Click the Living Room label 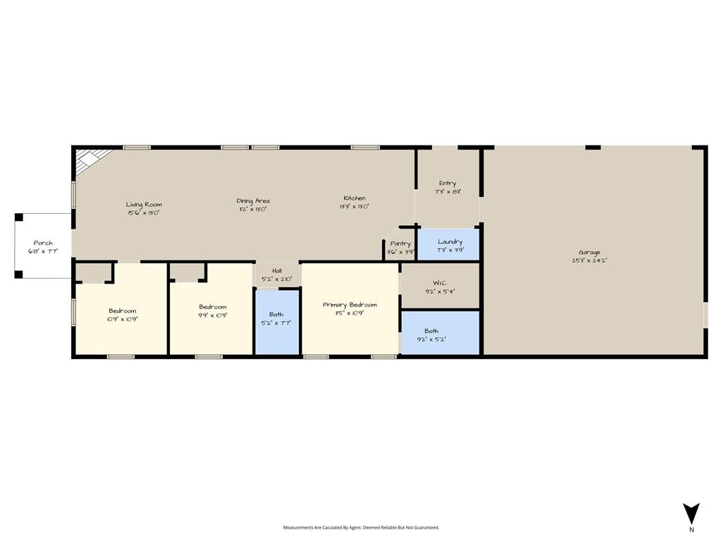coord(144,205)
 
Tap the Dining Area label coord(252,201)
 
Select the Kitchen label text coord(355,198)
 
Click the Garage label coord(589,253)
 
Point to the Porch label coord(43,243)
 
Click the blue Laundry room coord(449,244)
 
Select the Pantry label coord(400,243)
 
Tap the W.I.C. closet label coord(440,282)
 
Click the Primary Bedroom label coord(350,305)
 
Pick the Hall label coord(277,270)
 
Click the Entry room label coord(447,183)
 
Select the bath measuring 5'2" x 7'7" coord(276,319)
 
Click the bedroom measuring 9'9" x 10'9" coord(212,311)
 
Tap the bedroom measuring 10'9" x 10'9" coord(122,315)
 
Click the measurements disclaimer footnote coord(361,527)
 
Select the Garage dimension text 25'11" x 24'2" coord(589,260)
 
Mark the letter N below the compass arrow coord(692,529)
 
